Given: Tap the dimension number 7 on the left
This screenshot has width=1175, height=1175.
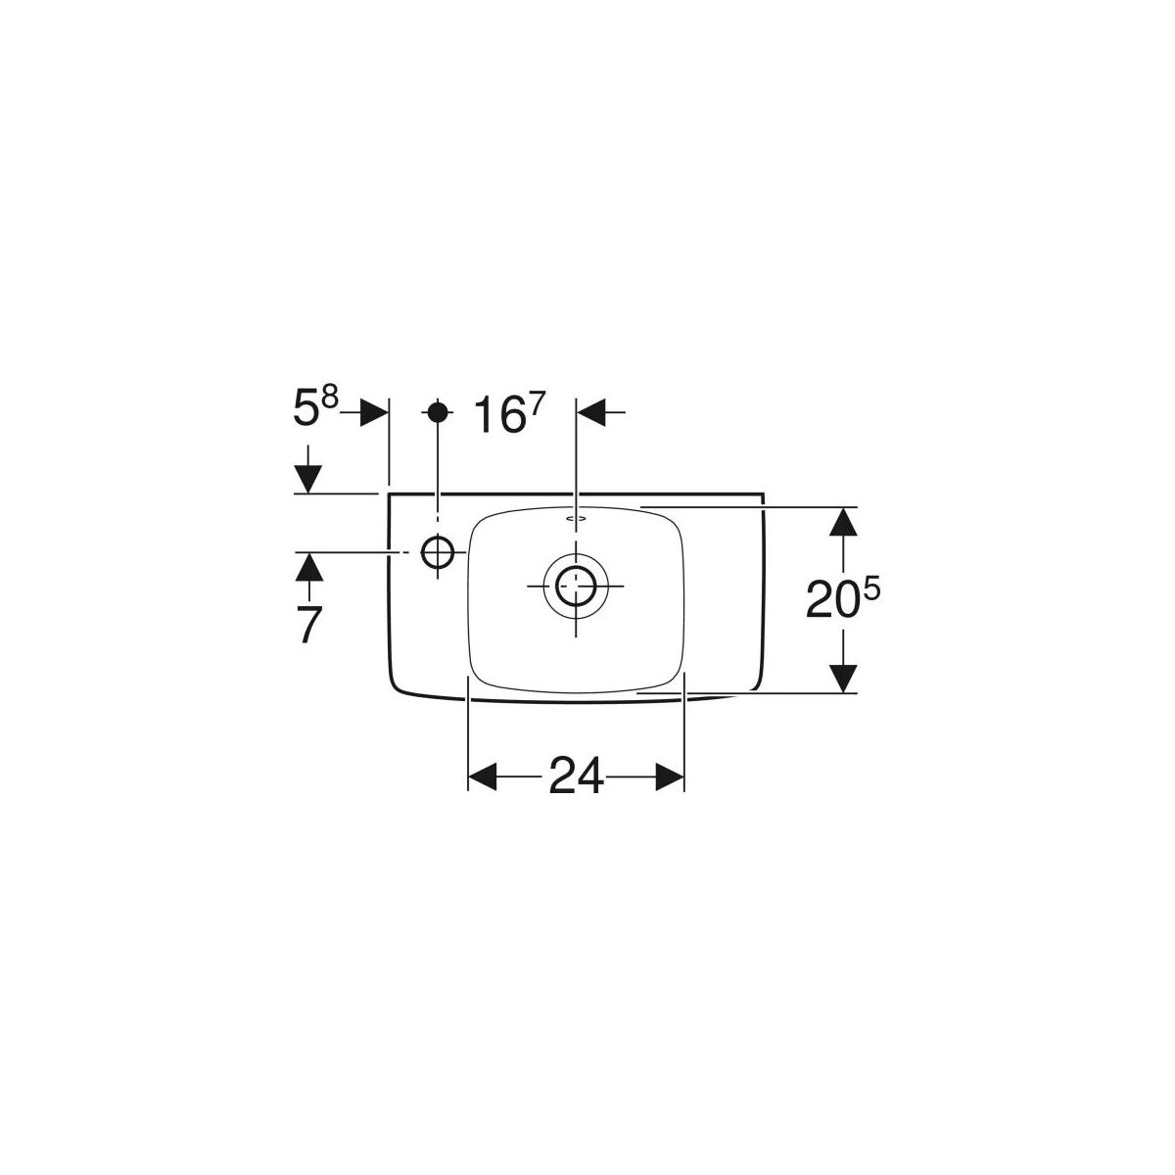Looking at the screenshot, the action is tap(309, 625).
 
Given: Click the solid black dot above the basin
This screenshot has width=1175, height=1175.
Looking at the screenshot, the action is tap(437, 412).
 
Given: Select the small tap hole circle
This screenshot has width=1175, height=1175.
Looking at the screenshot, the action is tap(437, 552).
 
